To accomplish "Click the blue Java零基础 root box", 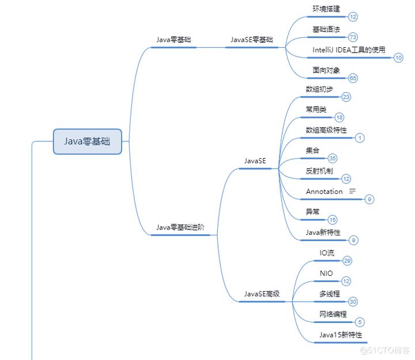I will (87, 141).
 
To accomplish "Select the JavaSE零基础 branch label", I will (252, 40).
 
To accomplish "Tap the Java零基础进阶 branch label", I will (180, 228).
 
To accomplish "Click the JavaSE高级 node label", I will (262, 294).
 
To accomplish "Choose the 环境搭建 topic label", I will (326, 9).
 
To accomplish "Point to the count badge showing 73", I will (353, 37).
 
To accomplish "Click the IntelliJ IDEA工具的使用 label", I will (349, 50).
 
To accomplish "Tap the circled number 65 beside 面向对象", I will (353, 78).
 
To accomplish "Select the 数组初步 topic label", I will (319, 89).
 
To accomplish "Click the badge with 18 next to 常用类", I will (339, 118).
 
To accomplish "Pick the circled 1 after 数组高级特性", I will (360, 138).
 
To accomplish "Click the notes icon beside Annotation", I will (353, 191).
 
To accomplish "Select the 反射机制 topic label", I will (319, 171).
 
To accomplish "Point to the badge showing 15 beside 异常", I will (333, 219).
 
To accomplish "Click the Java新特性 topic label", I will (323, 232).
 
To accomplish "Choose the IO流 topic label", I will (327, 253).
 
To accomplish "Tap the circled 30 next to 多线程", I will (353, 301).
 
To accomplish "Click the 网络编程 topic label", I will (333, 314).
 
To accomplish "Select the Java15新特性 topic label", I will (341, 335).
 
